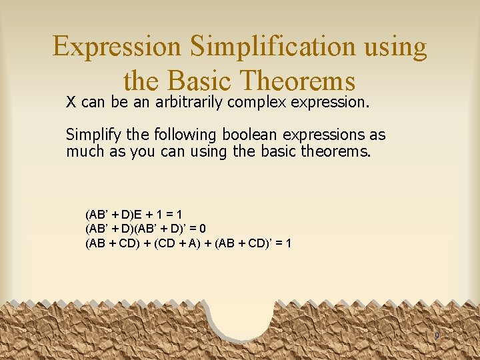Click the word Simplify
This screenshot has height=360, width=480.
(x=91, y=135)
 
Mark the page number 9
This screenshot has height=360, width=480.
(x=437, y=335)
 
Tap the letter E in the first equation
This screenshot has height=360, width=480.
(x=138, y=215)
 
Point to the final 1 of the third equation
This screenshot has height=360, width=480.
(x=287, y=243)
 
